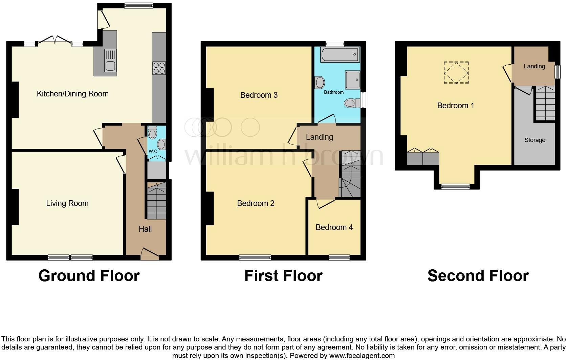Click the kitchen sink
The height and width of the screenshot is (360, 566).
[111, 61]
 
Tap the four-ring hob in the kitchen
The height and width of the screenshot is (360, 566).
[159, 68]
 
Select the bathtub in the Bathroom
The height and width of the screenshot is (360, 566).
[339, 54]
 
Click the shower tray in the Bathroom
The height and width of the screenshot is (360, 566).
[352, 80]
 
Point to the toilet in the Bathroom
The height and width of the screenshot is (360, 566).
[352, 103]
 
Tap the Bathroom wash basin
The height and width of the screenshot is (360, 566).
[320, 82]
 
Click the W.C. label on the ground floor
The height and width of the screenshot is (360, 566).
[153, 151]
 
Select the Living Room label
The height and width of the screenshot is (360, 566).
[67, 203]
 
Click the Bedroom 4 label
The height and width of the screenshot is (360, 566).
[334, 227]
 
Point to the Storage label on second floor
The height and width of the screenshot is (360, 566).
[535, 140]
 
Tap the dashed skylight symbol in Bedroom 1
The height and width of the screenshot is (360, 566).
[456, 72]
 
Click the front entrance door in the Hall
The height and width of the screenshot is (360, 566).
[150, 254]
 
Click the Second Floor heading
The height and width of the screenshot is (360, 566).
[478, 276]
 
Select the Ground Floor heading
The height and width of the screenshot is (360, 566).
[89, 276]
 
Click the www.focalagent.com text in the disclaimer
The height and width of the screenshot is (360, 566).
[362, 356]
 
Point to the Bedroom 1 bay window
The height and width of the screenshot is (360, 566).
[455, 186]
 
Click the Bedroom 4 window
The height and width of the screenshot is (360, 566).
[339, 258]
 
